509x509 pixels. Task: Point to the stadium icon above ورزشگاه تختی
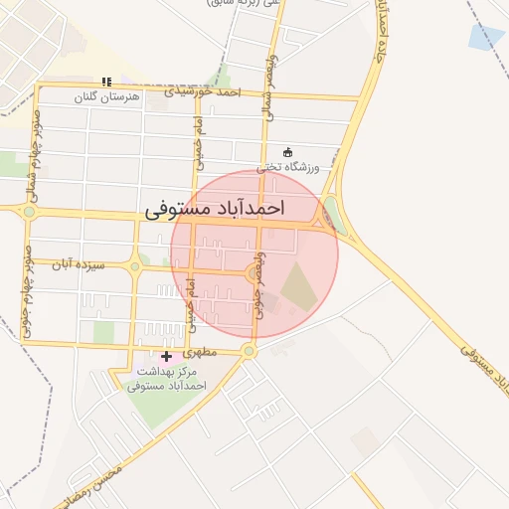click(288, 152)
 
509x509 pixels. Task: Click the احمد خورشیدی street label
click(205, 92)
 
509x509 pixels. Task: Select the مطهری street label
click(200, 351)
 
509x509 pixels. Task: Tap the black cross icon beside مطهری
click(166, 356)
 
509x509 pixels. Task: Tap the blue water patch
click(486, 36)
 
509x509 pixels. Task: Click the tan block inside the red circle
click(297, 286)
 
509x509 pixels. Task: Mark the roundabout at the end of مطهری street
click(249, 351)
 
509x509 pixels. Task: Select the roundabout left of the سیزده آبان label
click(135, 266)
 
